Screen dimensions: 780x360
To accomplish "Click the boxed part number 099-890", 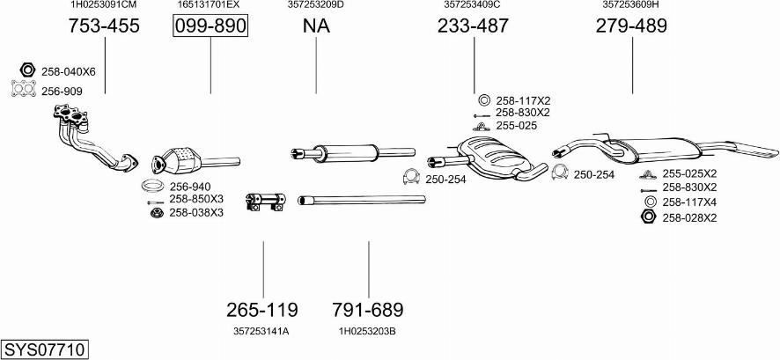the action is (210, 26).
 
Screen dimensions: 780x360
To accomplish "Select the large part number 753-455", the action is (104, 26).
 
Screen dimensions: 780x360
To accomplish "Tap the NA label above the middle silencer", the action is (316, 26).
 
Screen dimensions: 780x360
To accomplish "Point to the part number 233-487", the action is (473, 26).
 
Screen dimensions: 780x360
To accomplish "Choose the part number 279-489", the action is (631, 26).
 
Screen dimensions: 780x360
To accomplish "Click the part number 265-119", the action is (262, 310).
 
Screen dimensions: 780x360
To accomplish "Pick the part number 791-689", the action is (368, 310).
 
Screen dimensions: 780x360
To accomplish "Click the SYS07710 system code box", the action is (44, 349).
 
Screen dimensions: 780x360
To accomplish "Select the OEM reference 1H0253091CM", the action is (104, 4).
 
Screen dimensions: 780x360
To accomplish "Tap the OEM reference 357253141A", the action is (261, 331).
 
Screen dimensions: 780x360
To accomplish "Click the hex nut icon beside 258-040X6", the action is (27, 71).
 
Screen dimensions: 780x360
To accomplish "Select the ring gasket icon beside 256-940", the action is (153, 187).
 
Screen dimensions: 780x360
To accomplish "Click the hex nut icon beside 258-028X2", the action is (649, 217).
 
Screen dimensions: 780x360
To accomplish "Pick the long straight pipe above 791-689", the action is (361, 200).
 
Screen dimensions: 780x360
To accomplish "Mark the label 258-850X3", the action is (196, 199).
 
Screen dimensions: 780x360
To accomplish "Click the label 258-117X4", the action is (689, 202).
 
